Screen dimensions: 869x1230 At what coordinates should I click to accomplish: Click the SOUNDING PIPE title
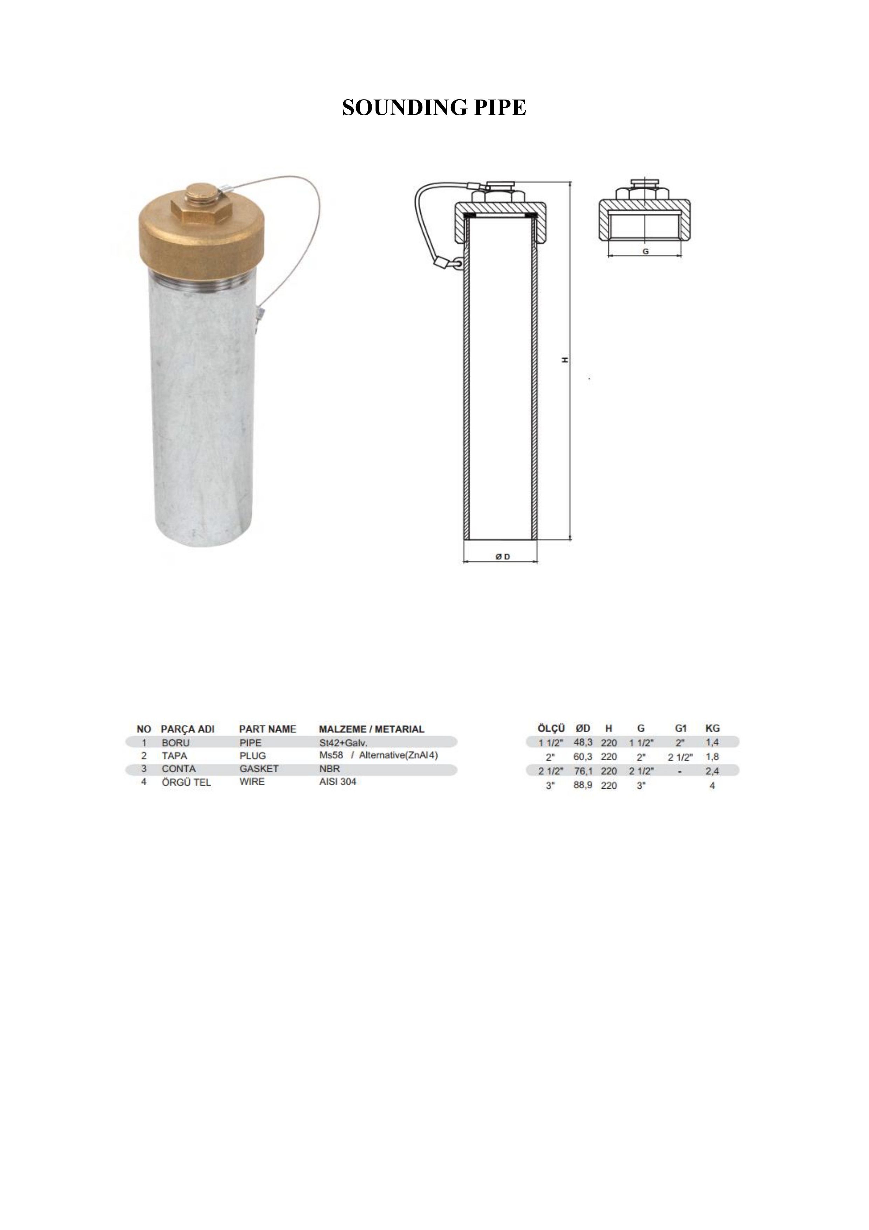434,108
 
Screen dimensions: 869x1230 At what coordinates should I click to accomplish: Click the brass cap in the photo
201,239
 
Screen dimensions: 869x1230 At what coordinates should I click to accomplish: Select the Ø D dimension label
503,557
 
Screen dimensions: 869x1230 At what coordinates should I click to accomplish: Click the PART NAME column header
268,729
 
